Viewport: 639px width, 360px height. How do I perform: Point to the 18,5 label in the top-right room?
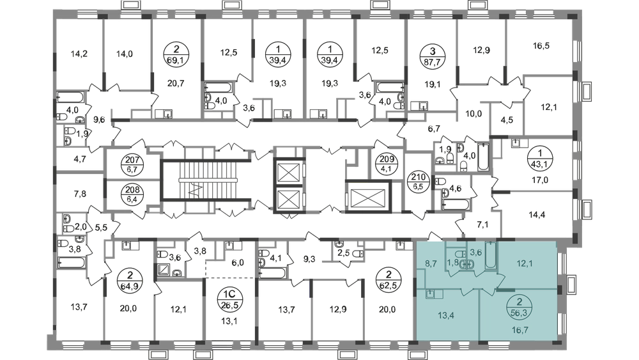541,47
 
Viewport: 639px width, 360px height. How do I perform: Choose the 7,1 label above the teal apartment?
481,224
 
